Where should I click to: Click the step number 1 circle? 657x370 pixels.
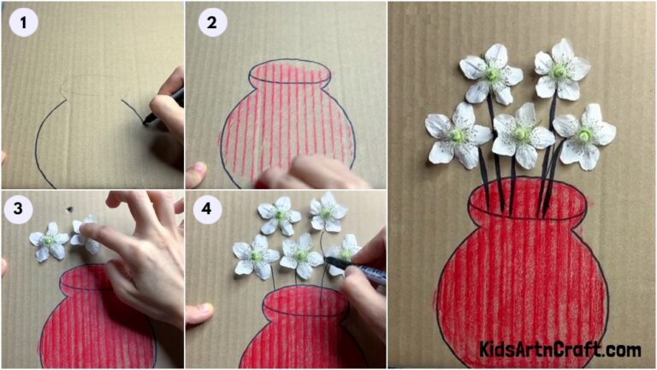tap(24, 23)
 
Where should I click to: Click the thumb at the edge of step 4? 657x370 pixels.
tap(198, 313)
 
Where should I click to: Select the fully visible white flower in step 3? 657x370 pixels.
tap(48, 241)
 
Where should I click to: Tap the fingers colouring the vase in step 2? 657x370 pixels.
tap(299, 176)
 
